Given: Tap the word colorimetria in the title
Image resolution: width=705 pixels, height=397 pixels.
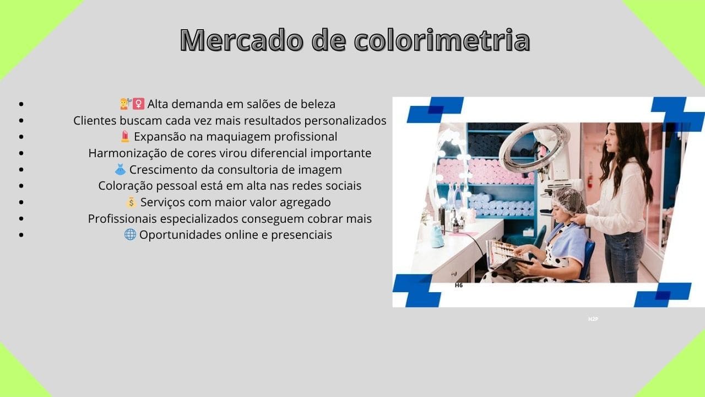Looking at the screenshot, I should [442, 40].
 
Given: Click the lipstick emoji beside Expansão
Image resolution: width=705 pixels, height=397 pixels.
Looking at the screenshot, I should [125, 136].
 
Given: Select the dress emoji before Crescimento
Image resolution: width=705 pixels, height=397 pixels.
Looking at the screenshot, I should [120, 169].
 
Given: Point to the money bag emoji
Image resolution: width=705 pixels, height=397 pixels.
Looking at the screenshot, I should [131, 202].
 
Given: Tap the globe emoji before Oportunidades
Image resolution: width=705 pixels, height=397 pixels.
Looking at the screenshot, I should [130, 234].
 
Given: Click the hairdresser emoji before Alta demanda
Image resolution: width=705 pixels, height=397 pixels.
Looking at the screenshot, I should [125, 104].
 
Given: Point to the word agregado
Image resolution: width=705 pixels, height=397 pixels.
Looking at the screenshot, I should [306, 202].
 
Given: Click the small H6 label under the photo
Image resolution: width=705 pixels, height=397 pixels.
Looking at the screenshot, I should [459, 286].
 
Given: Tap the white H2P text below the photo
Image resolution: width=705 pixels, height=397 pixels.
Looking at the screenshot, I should [593, 319].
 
